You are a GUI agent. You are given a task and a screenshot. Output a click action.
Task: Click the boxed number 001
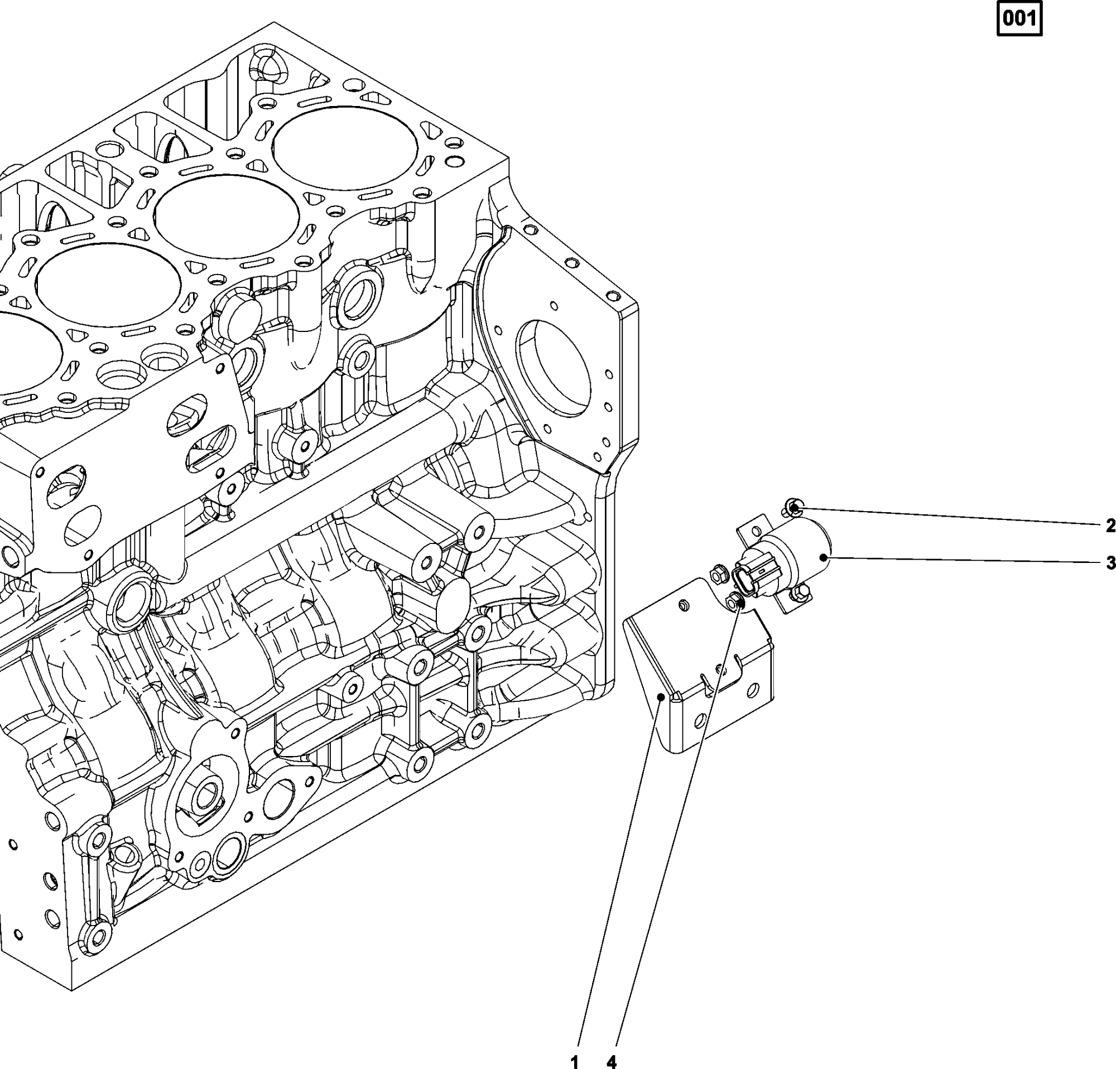1019,20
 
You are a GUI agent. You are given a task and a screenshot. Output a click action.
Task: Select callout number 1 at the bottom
575,1061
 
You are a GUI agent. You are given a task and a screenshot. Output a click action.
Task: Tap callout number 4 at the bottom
612,1061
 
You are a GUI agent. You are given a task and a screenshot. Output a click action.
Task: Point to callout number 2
1110,526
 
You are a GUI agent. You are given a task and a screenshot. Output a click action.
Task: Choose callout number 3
1110,563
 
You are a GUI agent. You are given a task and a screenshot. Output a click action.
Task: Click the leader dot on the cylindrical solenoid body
824,557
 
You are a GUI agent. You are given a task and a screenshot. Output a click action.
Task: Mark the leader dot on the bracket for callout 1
661,696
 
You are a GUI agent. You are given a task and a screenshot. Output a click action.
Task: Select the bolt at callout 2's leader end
792,504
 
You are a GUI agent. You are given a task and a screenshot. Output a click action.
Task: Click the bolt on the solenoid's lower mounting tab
798,594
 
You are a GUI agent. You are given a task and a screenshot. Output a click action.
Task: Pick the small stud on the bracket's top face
685,606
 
